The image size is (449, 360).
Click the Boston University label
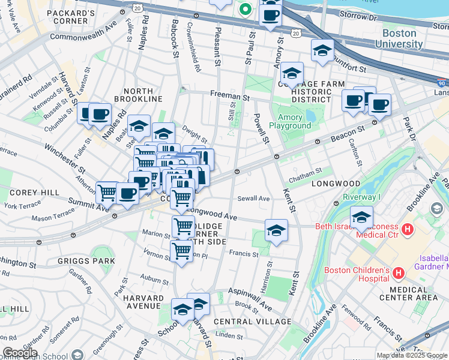pyautogui.click(x=399, y=39)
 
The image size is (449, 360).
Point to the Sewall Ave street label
pyautogui.click(x=253, y=199)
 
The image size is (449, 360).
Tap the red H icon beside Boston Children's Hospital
pyautogui.click(x=399, y=274)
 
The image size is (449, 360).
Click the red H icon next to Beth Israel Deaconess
pyautogui.click(x=407, y=229)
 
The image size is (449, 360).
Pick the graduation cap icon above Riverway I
pyautogui.click(x=361, y=218)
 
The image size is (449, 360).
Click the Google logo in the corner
pyautogui.click(x=20, y=353)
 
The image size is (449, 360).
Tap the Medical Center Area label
pyautogui.click(x=408, y=293)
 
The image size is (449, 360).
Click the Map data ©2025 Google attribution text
pyautogui.click(x=412, y=355)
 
